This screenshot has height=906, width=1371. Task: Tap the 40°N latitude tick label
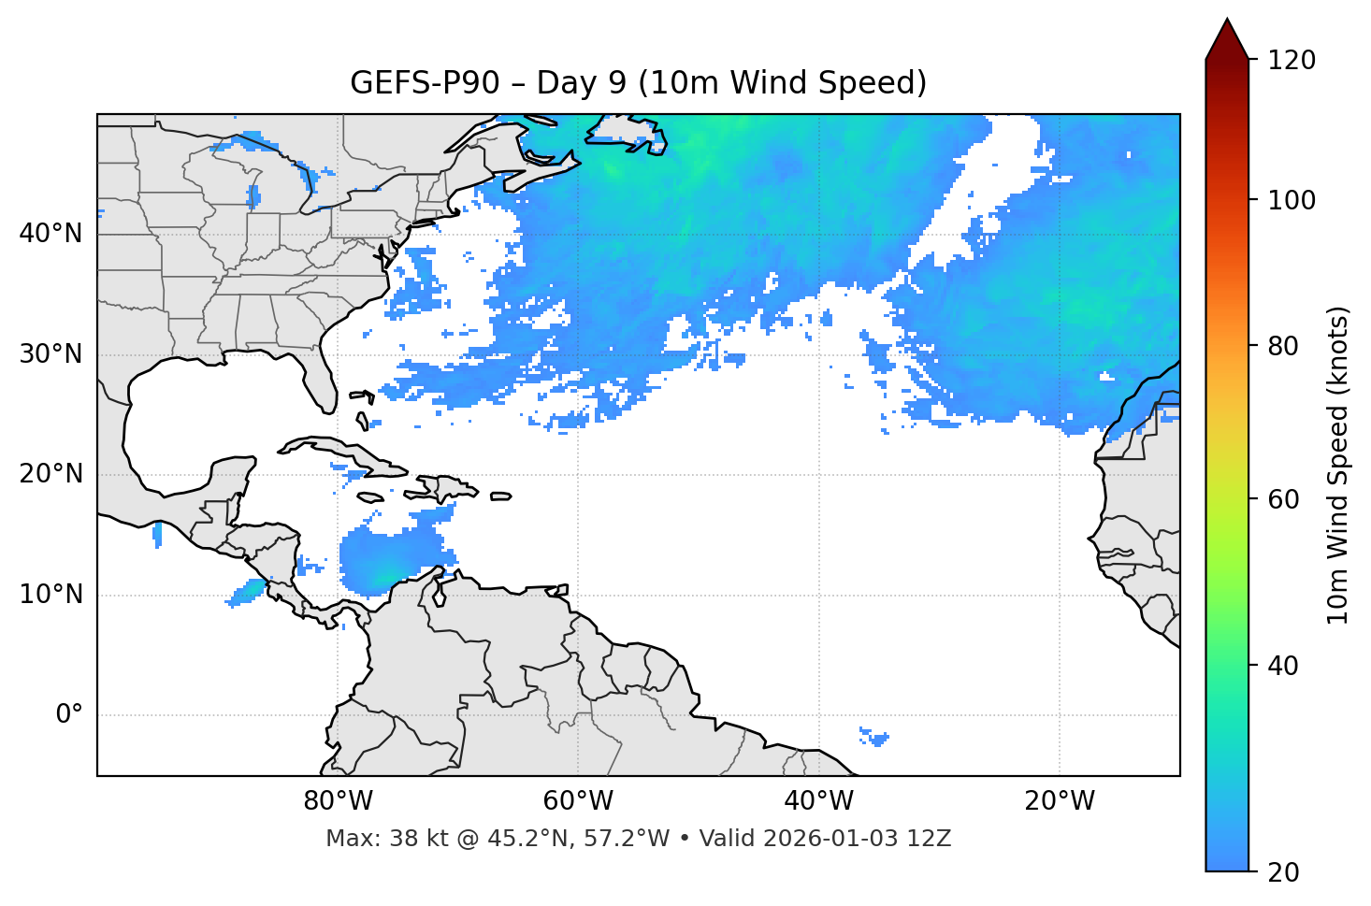(x=51, y=234)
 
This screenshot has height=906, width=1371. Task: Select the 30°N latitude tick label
(x=51, y=354)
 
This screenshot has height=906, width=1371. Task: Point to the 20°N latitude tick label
(x=51, y=474)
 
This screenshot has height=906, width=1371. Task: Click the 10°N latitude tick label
(x=51, y=595)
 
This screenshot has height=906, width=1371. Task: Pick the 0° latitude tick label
(x=68, y=715)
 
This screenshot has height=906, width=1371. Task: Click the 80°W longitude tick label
(x=338, y=801)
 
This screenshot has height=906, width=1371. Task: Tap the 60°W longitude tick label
(x=578, y=801)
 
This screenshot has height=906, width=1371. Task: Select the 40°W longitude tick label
(x=818, y=801)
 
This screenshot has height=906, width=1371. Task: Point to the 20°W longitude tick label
(x=1059, y=801)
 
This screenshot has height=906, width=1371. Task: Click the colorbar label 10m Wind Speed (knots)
(x=1338, y=465)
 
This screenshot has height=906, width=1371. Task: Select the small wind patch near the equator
(x=874, y=738)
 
